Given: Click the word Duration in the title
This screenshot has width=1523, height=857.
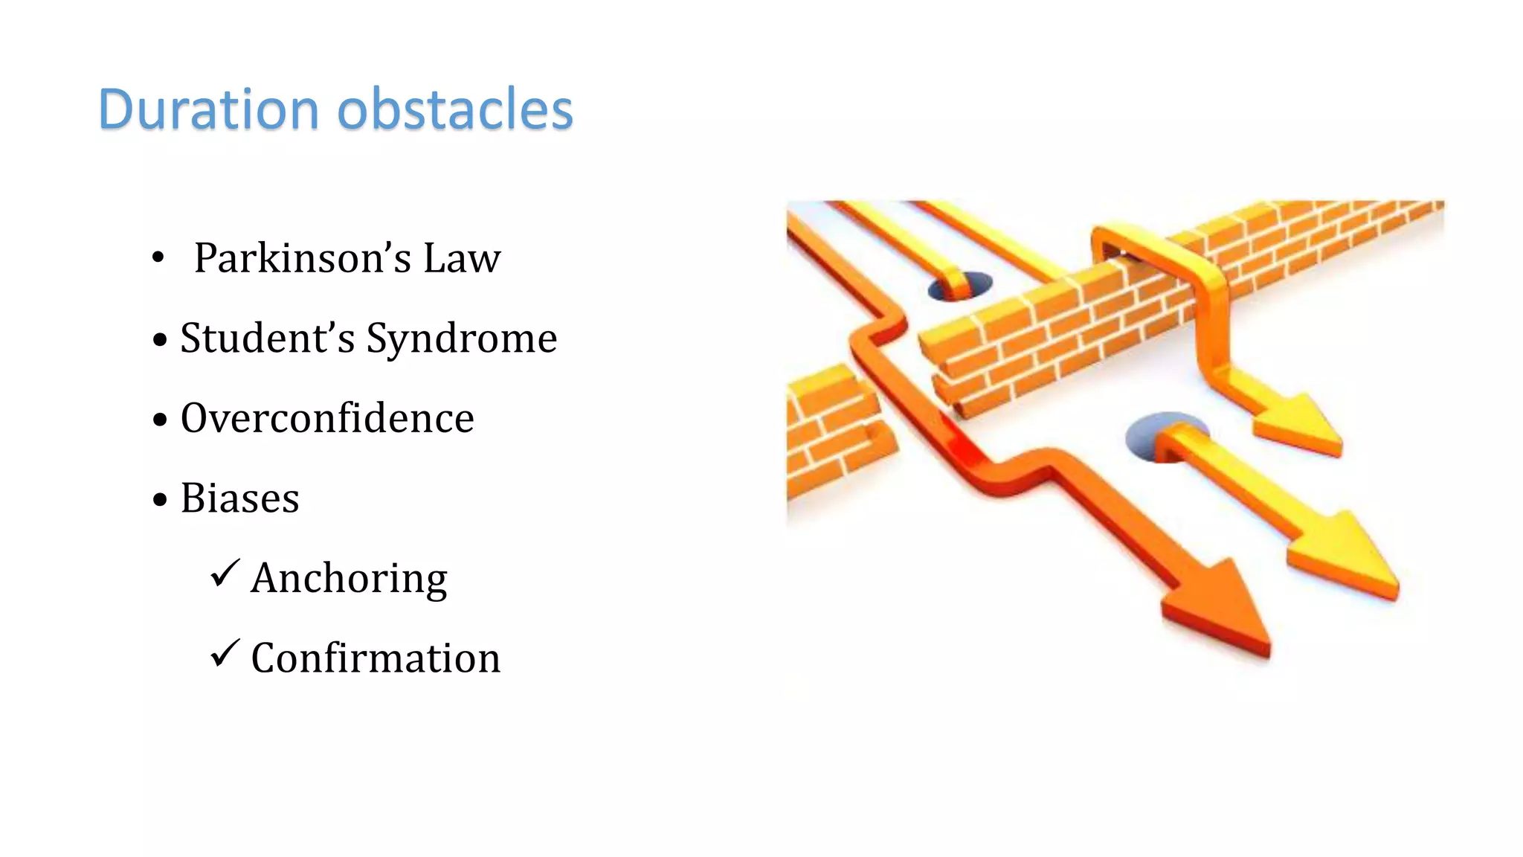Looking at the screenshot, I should [x=209, y=109].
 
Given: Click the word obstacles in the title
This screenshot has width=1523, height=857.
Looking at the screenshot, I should [x=455, y=109].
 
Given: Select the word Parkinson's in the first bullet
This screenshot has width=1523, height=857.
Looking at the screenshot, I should [x=302, y=258].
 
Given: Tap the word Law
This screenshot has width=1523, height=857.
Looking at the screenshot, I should [x=462, y=258].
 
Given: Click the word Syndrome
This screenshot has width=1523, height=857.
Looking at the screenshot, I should [x=462, y=338].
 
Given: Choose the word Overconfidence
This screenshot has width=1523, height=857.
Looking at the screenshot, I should [x=327, y=418].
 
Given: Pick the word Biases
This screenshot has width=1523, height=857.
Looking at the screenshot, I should [x=239, y=498].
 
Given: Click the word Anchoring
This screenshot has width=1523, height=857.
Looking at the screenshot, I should [x=349, y=578].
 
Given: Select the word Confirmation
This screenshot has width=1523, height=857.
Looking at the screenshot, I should [x=376, y=658].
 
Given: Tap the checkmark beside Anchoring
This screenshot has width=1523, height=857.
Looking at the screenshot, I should [x=225, y=574].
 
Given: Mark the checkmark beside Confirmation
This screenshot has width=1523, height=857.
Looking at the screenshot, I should [x=225, y=654].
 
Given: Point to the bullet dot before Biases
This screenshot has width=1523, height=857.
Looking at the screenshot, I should [x=160, y=499].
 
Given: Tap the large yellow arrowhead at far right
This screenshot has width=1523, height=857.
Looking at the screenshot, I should [x=1350, y=554].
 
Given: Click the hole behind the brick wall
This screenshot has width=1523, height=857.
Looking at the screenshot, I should [x=961, y=286].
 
